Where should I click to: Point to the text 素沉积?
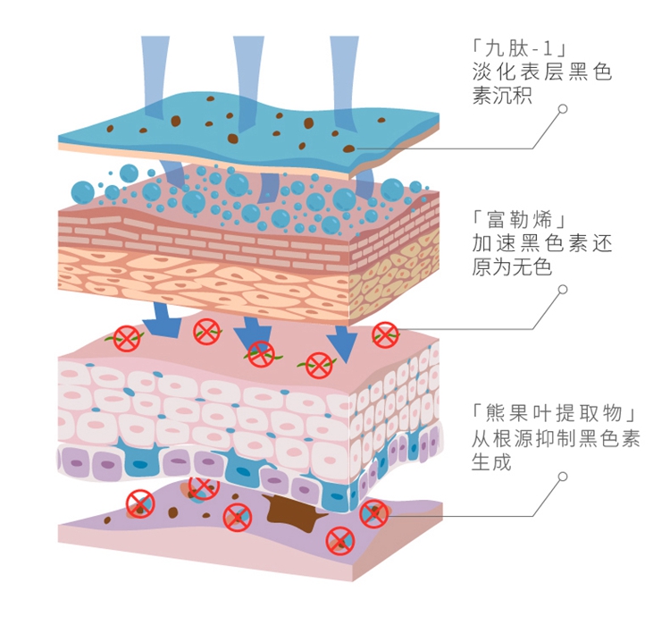coord(502,96)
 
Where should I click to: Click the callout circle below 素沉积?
coord(563,110)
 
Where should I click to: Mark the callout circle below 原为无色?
coord(563,290)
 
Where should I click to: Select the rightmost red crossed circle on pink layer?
coord(385,334)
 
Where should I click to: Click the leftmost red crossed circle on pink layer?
coord(127,338)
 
